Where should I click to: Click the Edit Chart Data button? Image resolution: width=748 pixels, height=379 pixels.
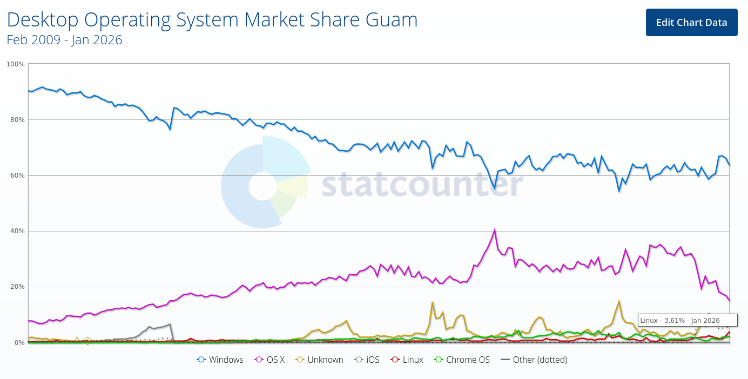pos(691,23)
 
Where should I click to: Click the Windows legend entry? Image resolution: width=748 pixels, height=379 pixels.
pos(220,360)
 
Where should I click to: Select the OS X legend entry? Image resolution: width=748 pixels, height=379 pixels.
pos(269,360)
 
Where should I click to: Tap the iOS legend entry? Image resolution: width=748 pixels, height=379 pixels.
pos(367,360)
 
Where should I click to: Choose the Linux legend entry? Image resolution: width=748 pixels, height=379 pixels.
pos(407,360)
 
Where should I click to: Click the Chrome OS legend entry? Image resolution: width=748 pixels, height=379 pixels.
pos(462,360)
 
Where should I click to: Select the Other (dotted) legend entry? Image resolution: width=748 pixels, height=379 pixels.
pos(534,360)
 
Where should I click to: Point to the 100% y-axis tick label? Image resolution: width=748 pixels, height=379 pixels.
pos(15,64)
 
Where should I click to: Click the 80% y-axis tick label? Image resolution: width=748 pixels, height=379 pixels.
pos(17,120)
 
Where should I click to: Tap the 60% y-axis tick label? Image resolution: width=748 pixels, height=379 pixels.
pos(17,175)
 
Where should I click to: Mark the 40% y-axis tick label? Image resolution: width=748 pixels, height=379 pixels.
pos(17,231)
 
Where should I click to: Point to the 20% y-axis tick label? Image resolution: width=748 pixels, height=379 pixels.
pos(17,287)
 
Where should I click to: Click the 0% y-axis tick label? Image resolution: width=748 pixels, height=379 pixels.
pos(19,343)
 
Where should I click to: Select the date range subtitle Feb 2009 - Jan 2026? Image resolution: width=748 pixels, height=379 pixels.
pos(64,40)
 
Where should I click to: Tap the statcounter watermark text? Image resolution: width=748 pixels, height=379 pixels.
pos(422,184)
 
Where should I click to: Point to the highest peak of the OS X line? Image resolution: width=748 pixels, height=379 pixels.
pos(495,230)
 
